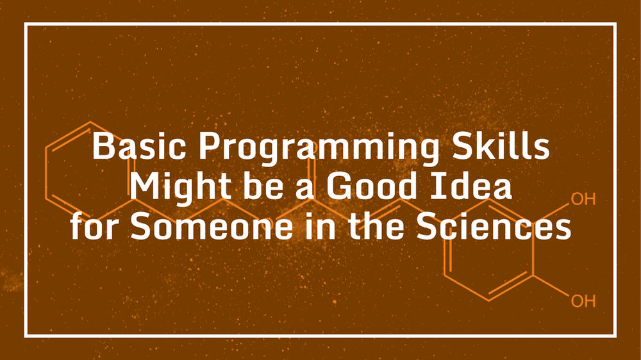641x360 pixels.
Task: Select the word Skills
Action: [x=513, y=148]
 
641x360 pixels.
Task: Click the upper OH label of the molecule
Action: [x=583, y=199]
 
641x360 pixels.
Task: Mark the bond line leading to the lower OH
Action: [x=551, y=287]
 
